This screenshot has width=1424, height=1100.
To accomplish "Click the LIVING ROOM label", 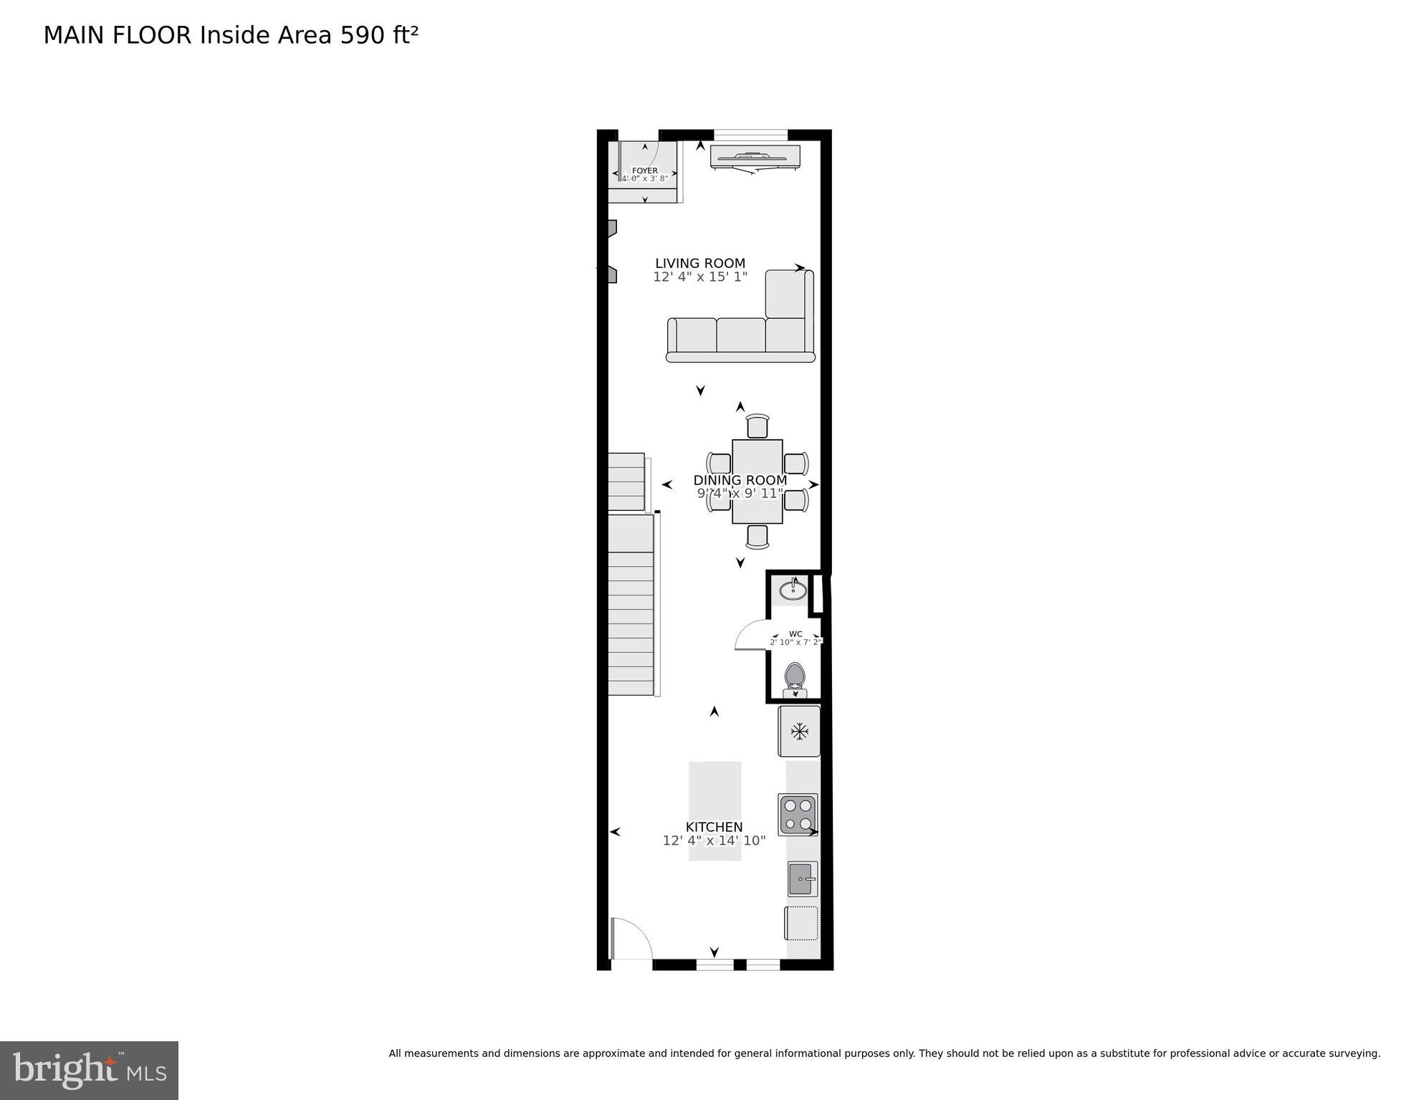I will (x=699, y=263).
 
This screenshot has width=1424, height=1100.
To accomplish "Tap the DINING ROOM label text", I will (x=740, y=480).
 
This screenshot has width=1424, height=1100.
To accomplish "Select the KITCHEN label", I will (x=714, y=827).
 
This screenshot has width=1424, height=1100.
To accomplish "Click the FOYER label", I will (x=644, y=171).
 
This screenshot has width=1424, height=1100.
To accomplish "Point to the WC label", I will (x=795, y=633).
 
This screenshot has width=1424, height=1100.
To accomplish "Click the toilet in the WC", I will (x=794, y=678).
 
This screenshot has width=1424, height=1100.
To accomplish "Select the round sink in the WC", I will (x=793, y=590).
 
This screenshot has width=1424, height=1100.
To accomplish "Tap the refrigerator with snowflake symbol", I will (x=799, y=731).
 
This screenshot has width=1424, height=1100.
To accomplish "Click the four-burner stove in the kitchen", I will (x=798, y=815).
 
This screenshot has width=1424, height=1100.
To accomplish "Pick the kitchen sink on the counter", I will (x=802, y=879).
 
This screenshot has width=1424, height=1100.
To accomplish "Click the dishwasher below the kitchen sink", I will (x=801, y=923).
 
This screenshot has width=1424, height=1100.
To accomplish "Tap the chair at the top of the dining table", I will (x=757, y=426).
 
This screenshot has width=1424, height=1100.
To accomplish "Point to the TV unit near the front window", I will (x=754, y=157).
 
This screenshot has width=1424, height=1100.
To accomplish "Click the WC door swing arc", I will (x=749, y=634).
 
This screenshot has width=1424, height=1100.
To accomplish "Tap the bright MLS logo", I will (x=89, y=1070).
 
